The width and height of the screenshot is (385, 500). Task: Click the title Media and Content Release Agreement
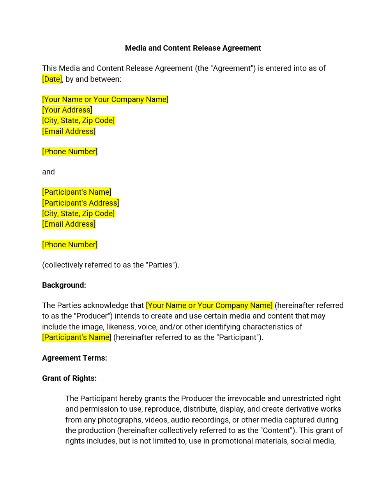coord(192,48)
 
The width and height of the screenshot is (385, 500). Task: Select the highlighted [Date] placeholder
coord(52,79)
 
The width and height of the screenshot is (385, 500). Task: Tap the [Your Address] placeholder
coord(67,110)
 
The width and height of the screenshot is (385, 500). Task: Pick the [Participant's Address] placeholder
coord(80,203)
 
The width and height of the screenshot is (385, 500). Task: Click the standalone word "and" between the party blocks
coord(48,172)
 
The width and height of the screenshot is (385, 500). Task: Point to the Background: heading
coord(64,285)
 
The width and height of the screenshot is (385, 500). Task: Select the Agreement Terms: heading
coord(74,358)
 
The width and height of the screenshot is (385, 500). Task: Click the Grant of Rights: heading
coord(69,378)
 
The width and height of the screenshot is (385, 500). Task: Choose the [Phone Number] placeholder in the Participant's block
coord(70,245)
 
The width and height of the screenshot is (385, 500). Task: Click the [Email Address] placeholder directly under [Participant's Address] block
coord(69,224)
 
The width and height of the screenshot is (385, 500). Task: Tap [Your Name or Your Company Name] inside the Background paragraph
coord(209,305)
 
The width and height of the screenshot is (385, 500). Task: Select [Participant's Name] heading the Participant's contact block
coord(76,192)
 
